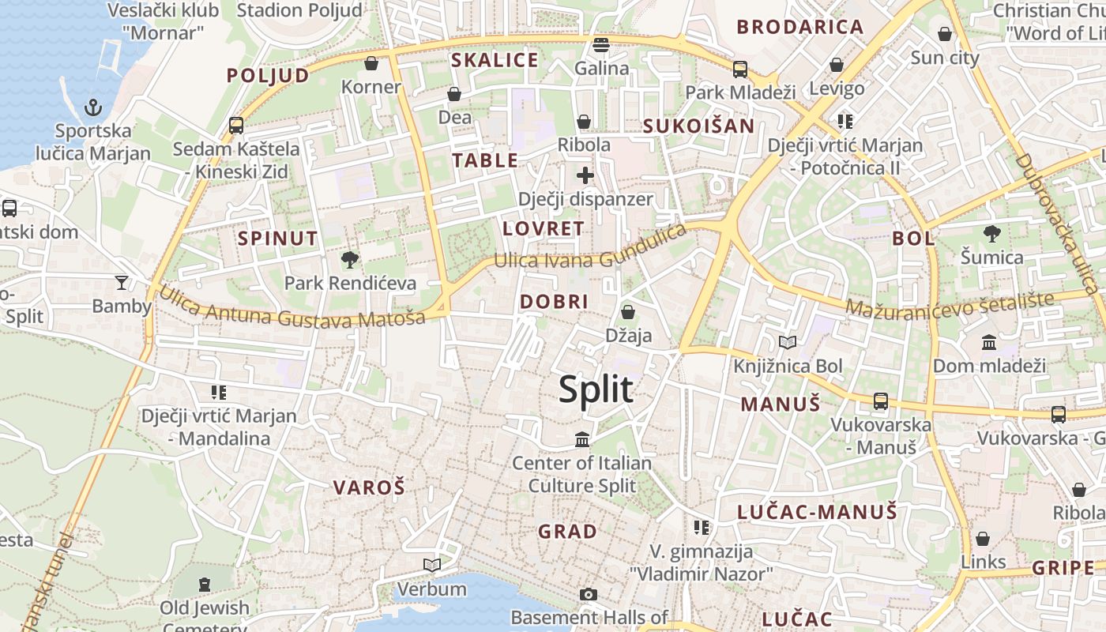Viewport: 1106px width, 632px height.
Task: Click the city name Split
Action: [x=596, y=389]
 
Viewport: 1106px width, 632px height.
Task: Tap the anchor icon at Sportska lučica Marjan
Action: [x=93, y=107]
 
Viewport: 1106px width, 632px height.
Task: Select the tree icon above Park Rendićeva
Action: [x=349, y=259]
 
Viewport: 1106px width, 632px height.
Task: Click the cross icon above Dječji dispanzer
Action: [x=585, y=175]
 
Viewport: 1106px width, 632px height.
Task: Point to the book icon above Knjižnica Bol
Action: [x=788, y=342]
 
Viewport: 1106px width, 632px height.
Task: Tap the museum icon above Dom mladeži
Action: [x=989, y=342]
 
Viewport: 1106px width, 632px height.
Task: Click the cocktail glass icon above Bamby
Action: [x=121, y=282]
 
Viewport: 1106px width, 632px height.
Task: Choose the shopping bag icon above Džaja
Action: [x=628, y=312]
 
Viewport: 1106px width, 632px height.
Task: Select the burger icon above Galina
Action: [x=601, y=44]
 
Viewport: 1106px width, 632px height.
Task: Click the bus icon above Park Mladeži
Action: [x=740, y=69]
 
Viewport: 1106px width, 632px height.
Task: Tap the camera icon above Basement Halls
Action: [x=589, y=594]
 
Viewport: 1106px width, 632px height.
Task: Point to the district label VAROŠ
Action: [x=369, y=487]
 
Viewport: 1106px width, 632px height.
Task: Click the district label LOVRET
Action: [x=544, y=229]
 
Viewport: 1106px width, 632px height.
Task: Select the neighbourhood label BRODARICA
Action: [x=800, y=27]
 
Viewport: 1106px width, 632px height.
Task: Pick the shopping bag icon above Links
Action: [x=983, y=539]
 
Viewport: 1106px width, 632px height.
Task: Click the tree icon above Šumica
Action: [x=991, y=234]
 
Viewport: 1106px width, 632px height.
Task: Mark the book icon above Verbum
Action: [x=431, y=565]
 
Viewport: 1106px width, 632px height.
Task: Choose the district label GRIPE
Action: [x=1063, y=568]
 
